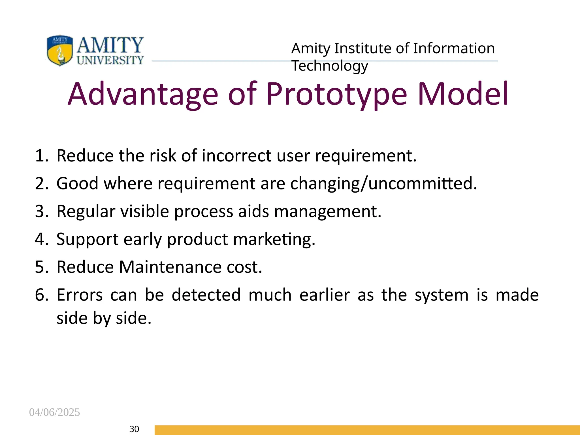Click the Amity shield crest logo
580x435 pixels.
(60, 50)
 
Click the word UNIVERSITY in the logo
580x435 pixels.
(110, 60)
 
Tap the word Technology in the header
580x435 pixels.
(330, 66)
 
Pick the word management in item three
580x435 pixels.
(328, 211)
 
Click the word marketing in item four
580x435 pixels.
(274, 239)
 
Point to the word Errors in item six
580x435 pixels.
(80, 295)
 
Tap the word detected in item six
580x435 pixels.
(206, 295)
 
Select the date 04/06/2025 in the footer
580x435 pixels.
(54, 412)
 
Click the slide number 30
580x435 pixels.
(134, 429)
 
